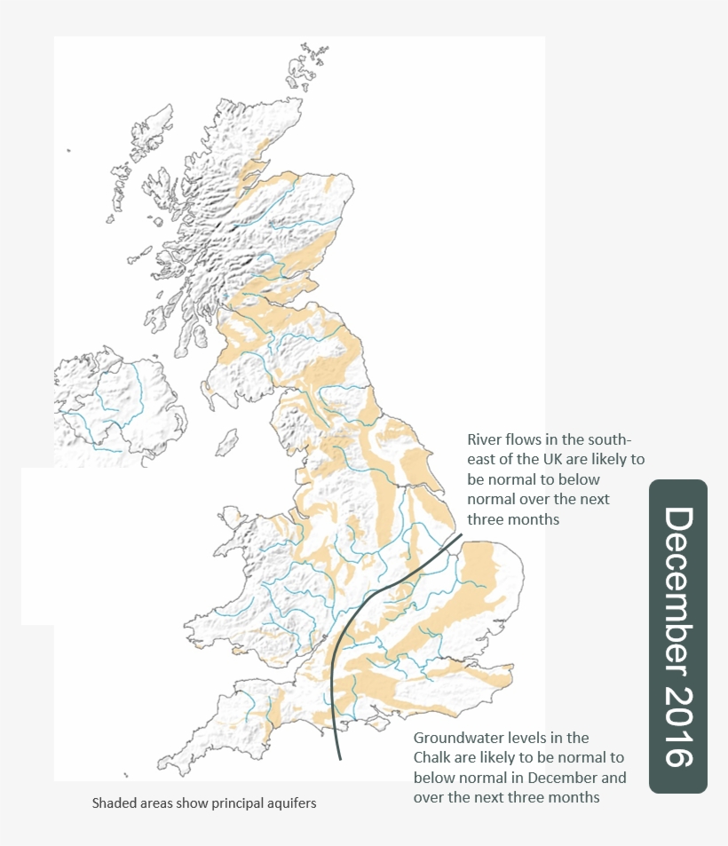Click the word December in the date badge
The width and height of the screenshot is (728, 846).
pyautogui.click(x=678, y=590)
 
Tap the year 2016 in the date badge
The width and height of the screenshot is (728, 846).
pyautogui.click(x=678, y=727)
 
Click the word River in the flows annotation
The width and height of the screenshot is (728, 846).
pyautogui.click(x=485, y=440)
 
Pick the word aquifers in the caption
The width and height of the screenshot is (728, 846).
pyautogui.click(x=290, y=803)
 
